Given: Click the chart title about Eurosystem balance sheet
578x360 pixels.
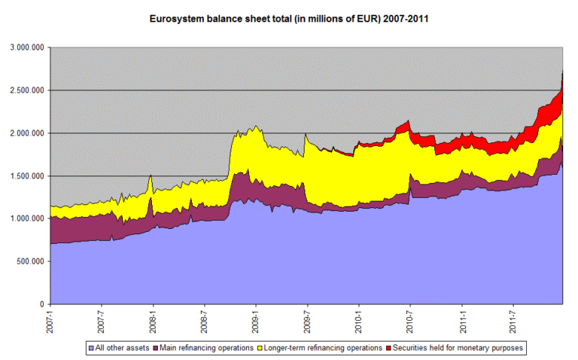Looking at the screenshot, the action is click(x=289, y=19).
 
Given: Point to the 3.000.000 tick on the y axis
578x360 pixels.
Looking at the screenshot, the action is click(x=27, y=47).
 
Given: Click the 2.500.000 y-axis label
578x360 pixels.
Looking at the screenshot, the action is click(x=27, y=90).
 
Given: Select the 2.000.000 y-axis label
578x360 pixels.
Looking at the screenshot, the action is click(x=27, y=133).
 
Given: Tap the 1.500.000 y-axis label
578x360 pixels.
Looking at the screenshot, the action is click(x=27, y=176).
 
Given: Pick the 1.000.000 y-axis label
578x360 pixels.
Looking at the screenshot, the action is click(x=27, y=218).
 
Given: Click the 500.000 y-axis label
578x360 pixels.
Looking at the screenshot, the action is click(x=30, y=261).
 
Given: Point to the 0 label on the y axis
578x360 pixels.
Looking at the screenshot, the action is click(x=42, y=304).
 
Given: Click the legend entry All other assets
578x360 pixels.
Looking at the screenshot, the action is click(x=119, y=348).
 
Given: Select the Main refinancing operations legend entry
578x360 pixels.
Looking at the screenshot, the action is click(x=203, y=348).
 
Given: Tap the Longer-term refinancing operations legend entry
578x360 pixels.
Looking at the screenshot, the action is click(x=320, y=348).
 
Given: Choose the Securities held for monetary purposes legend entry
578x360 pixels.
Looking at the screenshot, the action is click(x=455, y=348).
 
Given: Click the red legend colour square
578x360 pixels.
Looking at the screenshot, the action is click(x=388, y=348).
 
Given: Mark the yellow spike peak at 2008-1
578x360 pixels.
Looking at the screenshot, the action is click(x=151, y=175).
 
